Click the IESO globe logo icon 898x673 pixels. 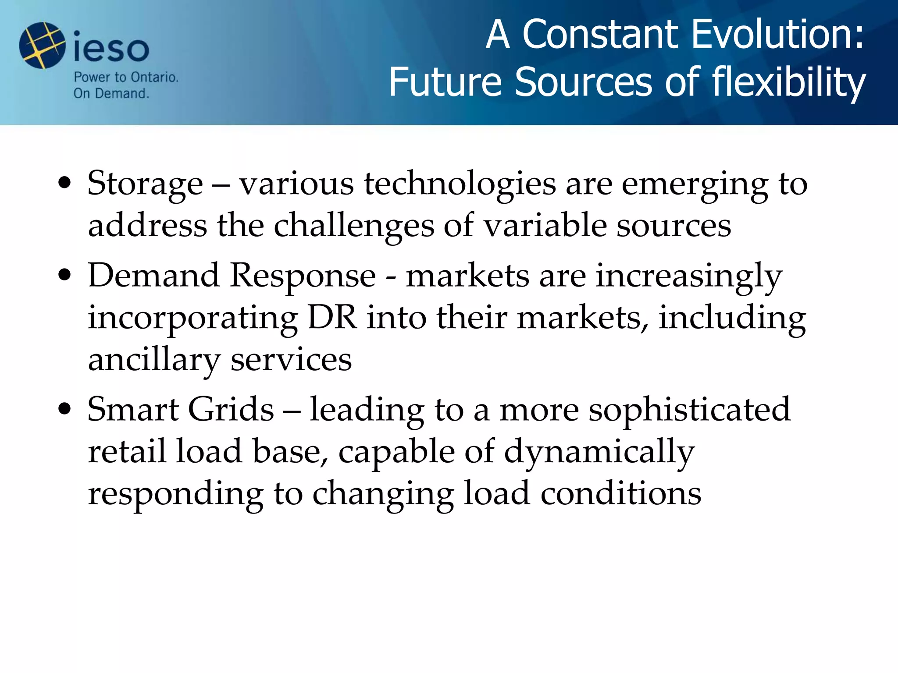[x=42, y=46]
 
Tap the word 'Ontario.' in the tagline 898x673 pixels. [x=155, y=78]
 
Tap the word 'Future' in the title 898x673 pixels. [x=445, y=82]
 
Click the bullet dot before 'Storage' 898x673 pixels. [x=64, y=183]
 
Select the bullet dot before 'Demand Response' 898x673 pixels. [x=64, y=276]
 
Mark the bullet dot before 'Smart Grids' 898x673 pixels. [x=64, y=409]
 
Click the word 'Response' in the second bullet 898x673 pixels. [x=303, y=276]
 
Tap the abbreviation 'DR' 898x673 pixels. [x=332, y=318]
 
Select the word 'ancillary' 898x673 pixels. [x=154, y=361]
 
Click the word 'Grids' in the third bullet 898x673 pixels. [x=231, y=409]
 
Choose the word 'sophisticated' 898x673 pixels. [x=689, y=410]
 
